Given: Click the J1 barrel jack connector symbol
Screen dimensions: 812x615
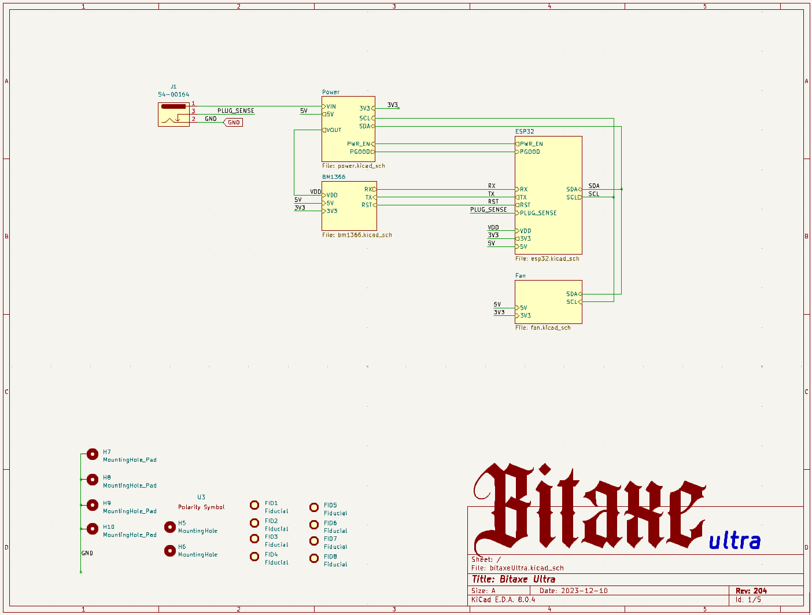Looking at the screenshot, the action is (x=174, y=115).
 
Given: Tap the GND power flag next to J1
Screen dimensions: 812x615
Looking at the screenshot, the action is (x=233, y=123).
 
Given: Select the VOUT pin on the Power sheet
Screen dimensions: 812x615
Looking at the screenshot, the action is (x=332, y=130).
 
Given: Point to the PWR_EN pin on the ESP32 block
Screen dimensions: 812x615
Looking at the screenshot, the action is (x=529, y=144).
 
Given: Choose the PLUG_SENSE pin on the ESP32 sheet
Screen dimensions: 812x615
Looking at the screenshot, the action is (x=536, y=213).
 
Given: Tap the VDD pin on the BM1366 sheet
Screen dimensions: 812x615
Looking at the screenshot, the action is (x=330, y=195).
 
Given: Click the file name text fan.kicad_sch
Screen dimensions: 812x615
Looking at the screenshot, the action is (x=551, y=328).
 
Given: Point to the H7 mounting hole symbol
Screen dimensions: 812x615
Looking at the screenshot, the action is (x=93, y=454).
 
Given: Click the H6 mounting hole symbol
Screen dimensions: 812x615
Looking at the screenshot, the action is (x=170, y=551).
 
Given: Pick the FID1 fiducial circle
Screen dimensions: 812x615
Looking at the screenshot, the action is (x=254, y=505).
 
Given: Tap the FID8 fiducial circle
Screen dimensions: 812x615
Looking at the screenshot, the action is (x=314, y=558).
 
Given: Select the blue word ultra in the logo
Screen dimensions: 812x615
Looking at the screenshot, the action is (x=735, y=541).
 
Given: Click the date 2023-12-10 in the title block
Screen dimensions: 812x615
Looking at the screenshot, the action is (x=584, y=591).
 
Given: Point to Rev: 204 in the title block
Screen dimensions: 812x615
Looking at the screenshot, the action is (x=751, y=591).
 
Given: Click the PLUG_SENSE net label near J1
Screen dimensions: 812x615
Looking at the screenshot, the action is (x=235, y=111).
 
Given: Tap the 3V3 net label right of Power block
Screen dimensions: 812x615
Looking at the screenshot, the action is (x=392, y=105).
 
